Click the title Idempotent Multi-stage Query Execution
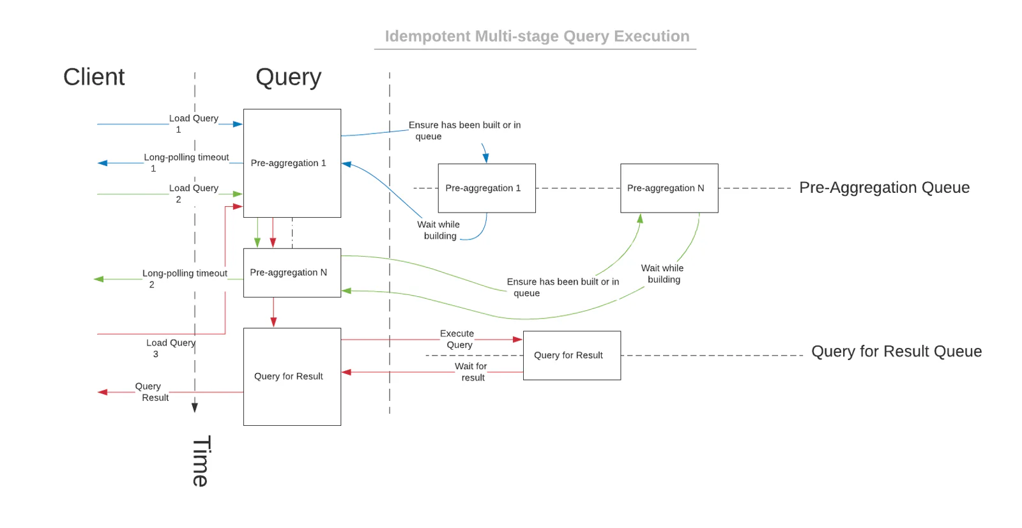click(537, 36)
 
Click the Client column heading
click(94, 77)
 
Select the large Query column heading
click(288, 77)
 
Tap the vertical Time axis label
click(201, 461)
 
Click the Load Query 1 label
click(193, 123)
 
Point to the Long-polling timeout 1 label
click(185, 162)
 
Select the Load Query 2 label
click(193, 193)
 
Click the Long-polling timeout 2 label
click(184, 278)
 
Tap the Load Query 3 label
click(170, 348)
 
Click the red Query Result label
click(151, 391)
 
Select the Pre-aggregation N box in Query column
click(292, 273)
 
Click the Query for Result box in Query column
click(292, 377)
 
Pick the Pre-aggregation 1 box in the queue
click(486, 188)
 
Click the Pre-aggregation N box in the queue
click(669, 188)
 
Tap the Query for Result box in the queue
click(571, 356)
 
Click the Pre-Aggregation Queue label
click(884, 188)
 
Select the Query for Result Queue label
click(896, 352)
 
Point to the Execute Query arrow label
click(457, 339)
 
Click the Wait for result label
click(471, 372)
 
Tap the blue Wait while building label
click(439, 230)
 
